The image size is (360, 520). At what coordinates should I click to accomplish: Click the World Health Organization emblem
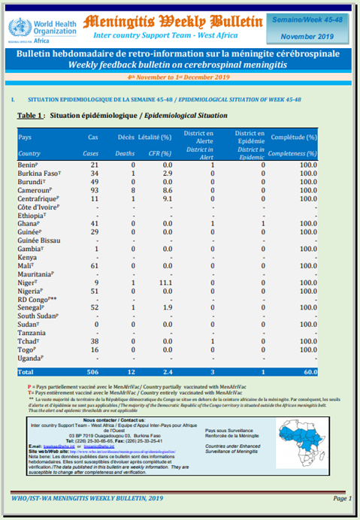click(17, 28)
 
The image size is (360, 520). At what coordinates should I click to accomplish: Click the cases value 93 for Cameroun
click(94, 191)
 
